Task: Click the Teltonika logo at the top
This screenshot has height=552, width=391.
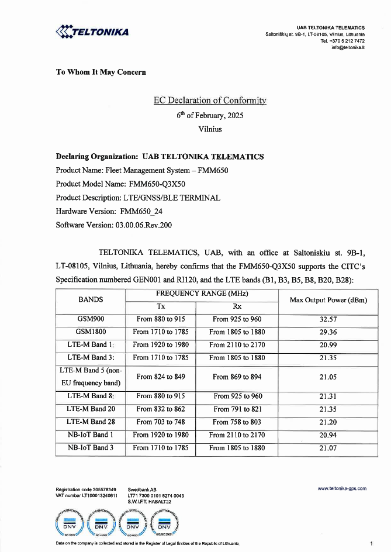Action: click(92, 32)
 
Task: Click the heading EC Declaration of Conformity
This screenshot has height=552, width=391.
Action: click(210, 100)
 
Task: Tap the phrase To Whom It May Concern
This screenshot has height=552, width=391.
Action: click(101, 72)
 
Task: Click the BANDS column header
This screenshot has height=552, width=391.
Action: click(91, 299)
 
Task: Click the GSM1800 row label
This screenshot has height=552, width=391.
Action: click(91, 332)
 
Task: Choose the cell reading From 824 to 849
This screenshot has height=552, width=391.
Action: click(161, 377)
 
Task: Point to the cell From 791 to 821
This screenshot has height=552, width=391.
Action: click(237, 409)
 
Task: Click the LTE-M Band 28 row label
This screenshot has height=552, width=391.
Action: click(91, 422)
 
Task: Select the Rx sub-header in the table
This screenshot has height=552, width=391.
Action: click(237, 306)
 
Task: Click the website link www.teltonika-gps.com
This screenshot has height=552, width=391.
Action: click(342, 488)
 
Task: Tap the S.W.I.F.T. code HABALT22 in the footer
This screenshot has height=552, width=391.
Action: click(150, 502)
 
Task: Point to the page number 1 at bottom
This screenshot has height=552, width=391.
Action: click(371, 543)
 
